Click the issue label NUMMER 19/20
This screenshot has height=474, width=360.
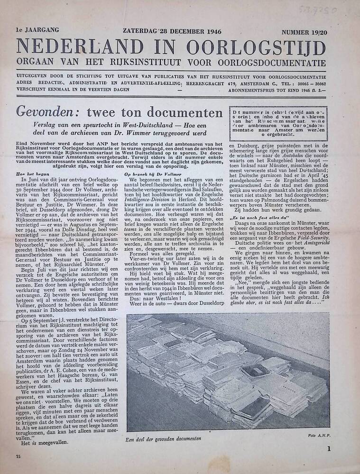coord(304,32)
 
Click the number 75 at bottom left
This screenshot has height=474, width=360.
coord(18,456)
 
